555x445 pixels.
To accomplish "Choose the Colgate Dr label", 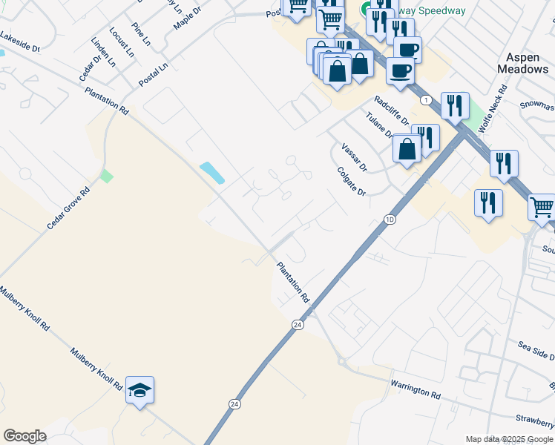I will click(x=352, y=181).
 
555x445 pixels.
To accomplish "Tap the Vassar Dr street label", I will click(x=354, y=157).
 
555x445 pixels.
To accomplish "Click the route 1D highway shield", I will click(x=390, y=220).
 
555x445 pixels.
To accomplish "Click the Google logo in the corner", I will click(x=24, y=436).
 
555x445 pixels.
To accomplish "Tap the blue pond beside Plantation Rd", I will click(x=212, y=173).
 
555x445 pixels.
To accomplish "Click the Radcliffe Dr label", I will click(x=392, y=111).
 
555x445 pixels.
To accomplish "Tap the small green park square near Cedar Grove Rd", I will click(x=108, y=176).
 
